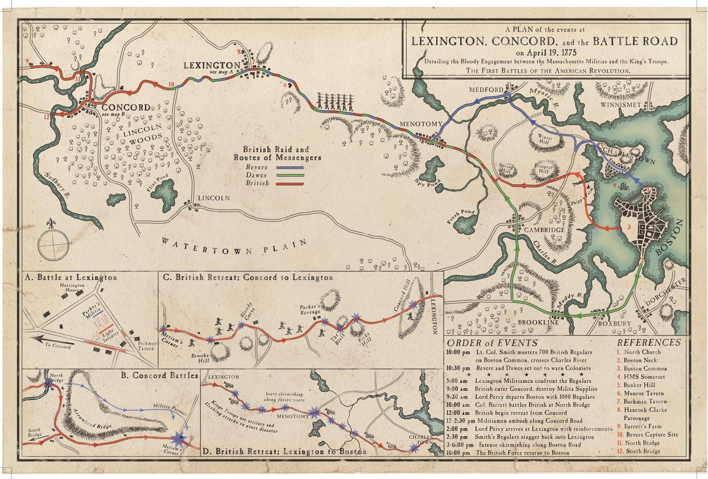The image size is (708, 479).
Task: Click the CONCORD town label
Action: coord(126,107)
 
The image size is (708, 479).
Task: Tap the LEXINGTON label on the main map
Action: coord(212,65)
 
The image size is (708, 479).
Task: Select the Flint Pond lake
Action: coord(165,195)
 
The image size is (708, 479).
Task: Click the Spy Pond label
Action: coord(423,181)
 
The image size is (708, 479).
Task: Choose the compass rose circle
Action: coord(53,244)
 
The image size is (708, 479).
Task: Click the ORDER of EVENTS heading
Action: coord(484,342)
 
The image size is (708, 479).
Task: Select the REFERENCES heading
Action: coord(648,342)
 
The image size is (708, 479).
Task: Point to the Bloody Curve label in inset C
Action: coord(246,311)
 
